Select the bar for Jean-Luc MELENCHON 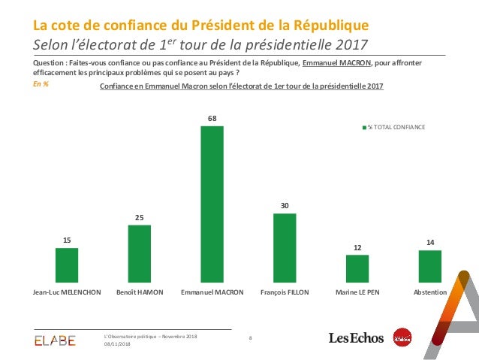point(67,265)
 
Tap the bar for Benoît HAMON point(140,253)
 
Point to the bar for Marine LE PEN point(357,268)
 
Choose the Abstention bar point(429,266)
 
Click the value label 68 point(212,118)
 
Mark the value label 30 point(285,205)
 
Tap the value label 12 point(357,247)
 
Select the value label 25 point(140,217)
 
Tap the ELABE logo point(55,340)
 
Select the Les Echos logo point(356,339)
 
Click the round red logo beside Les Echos point(403,338)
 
